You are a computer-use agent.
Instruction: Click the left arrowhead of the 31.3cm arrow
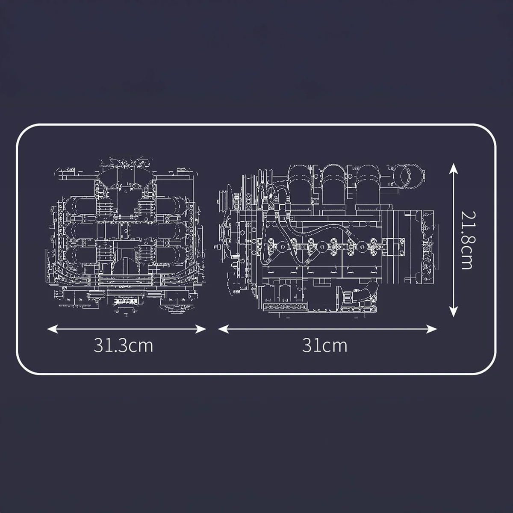[x=50, y=329]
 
